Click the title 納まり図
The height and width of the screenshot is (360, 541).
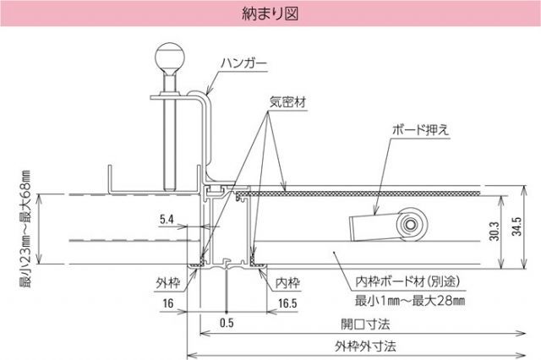coord(270,14)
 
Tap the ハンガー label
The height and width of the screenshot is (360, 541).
coord(244,63)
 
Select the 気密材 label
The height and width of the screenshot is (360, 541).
coord(287,100)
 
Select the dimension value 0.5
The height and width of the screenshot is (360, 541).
coord(227,321)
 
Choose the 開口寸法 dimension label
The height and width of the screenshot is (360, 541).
coord(365,324)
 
